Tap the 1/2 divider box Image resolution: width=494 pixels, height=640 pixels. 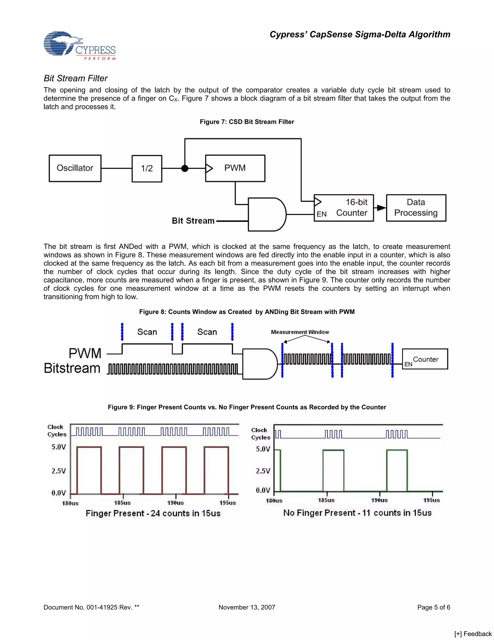click(147, 169)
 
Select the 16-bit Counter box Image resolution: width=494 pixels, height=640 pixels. click(344, 208)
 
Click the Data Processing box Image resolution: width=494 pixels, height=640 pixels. click(416, 208)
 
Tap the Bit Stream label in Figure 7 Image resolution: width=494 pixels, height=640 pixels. click(193, 221)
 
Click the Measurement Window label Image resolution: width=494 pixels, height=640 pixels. click(300, 332)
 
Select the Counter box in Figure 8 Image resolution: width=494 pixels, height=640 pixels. click(425, 359)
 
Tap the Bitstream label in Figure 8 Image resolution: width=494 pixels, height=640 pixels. click(72, 368)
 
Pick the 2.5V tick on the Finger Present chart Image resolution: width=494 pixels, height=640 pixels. click(59, 471)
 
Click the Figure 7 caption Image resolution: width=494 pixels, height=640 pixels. click(247, 122)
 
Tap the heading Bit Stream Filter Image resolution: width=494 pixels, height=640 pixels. click(75, 78)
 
